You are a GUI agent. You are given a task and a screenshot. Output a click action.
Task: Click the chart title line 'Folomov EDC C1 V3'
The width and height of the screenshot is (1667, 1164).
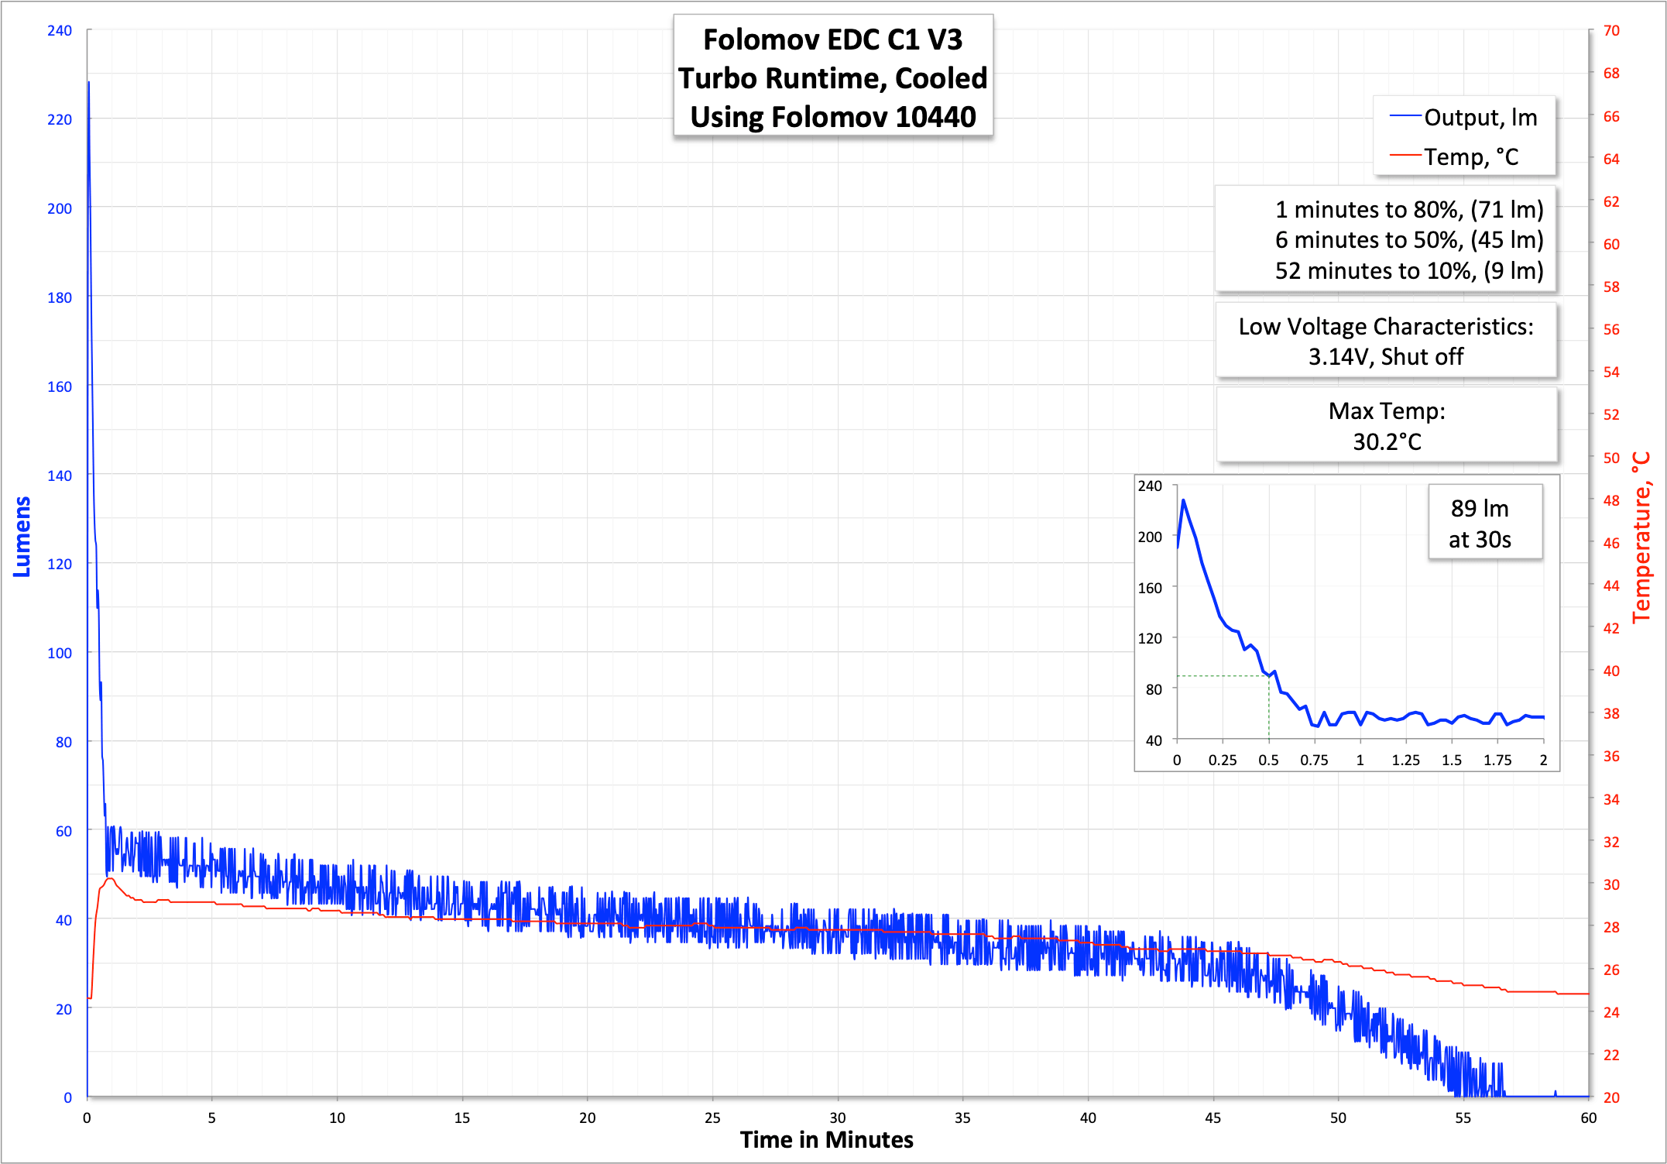coord(832,40)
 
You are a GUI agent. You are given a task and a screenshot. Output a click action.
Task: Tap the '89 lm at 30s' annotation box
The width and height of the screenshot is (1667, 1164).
coord(1480,524)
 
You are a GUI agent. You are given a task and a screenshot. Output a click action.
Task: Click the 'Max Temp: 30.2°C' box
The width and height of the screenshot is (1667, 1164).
coord(1386,426)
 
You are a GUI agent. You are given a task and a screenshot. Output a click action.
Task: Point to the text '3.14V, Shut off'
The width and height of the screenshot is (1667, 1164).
coord(1385,357)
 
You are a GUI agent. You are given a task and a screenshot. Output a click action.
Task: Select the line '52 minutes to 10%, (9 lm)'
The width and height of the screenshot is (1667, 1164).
coord(1408,271)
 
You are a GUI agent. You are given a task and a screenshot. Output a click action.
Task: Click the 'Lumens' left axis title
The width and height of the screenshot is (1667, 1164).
coord(22,537)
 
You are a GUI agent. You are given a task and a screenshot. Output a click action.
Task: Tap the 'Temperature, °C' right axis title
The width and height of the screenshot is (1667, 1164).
coord(1641,537)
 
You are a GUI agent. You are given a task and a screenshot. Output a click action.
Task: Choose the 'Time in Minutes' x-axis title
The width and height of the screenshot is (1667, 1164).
coord(826,1140)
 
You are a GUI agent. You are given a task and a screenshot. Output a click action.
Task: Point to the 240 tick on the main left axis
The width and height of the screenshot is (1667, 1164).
coord(60,31)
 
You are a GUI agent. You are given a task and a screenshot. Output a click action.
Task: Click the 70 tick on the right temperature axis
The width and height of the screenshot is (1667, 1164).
coord(1611,31)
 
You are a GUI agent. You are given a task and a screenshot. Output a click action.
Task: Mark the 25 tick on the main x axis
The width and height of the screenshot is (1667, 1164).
coord(712,1118)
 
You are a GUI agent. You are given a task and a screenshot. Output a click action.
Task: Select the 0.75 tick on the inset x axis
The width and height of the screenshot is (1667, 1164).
coord(1314,761)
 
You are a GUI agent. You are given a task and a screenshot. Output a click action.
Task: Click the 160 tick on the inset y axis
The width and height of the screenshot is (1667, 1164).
coord(1150,588)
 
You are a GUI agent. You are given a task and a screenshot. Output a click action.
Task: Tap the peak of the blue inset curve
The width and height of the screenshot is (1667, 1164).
coord(1183,500)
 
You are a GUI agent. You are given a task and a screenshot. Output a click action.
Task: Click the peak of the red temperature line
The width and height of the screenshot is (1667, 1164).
coord(110,879)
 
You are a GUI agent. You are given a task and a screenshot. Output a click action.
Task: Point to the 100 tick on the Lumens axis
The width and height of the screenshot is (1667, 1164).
coord(60,653)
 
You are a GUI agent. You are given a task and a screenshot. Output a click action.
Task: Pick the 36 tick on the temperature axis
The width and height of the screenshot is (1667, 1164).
coord(1611,757)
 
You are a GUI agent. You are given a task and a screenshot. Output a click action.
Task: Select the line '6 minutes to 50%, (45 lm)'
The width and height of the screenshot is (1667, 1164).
coord(1408,240)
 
